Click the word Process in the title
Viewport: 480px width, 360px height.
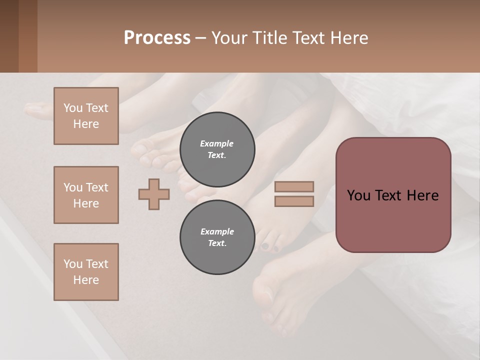157,38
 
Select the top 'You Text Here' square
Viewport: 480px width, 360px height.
86,116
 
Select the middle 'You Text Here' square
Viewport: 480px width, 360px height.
86,195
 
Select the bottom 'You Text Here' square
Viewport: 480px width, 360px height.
86,272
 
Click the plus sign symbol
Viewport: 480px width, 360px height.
154,194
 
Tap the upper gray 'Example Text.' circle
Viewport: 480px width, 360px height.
217,149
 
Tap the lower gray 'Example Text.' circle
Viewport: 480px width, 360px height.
217,237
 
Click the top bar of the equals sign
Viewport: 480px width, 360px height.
294,187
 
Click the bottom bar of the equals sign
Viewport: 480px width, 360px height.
294,201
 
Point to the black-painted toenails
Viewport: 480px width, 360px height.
270,246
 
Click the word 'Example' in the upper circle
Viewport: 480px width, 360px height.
216,143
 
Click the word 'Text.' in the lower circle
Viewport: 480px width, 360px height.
217,243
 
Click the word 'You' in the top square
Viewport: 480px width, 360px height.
72,108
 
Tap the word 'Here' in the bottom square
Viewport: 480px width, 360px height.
86,280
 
